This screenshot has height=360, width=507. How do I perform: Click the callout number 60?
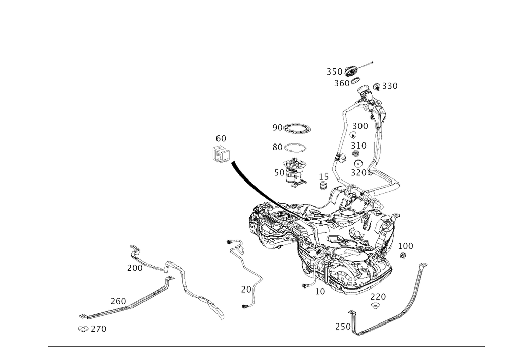point(221,138)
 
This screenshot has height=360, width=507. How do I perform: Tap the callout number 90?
point(277,127)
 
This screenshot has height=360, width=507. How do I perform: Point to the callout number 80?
point(277,147)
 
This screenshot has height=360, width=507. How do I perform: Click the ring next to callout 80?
point(296,147)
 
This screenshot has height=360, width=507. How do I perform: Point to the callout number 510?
point(359,145)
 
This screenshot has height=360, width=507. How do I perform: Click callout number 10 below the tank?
point(320,291)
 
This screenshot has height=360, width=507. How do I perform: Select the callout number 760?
point(118,301)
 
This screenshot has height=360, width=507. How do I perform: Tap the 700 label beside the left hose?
point(134,267)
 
